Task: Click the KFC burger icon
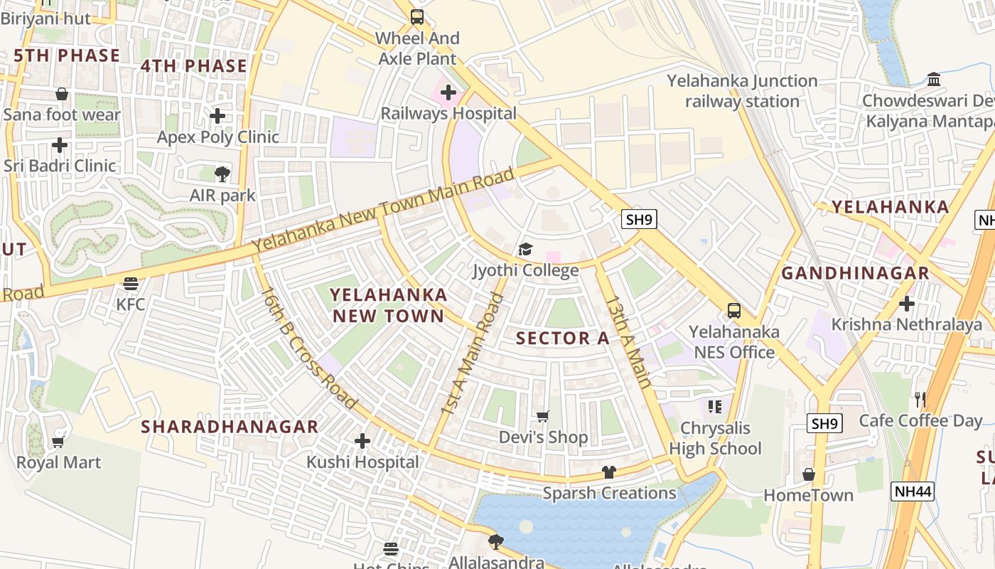point(130,284)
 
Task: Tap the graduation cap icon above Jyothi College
point(525,250)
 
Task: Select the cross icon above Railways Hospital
point(448,92)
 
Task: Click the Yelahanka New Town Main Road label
point(382,211)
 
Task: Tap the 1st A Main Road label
point(472,354)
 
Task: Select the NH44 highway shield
point(912,491)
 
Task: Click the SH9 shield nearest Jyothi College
point(639,219)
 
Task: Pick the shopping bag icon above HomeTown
point(809,474)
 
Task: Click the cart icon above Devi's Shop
point(543,416)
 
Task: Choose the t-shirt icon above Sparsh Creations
point(609,472)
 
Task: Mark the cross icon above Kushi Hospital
point(362,441)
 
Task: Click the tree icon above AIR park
point(222,174)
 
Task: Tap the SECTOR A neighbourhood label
point(563,339)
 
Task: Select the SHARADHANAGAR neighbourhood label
point(230,427)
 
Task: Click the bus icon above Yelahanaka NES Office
point(734,311)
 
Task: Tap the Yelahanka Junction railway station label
point(742,91)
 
